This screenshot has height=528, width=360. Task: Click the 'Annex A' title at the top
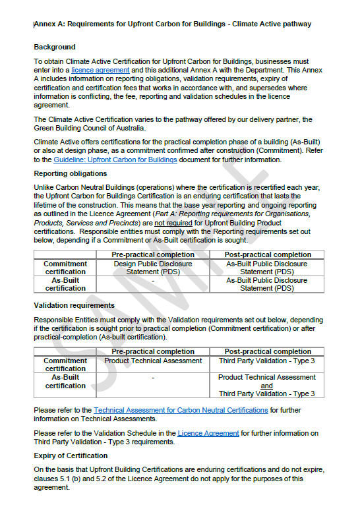point(172,24)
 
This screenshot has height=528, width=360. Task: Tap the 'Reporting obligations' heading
point(71,174)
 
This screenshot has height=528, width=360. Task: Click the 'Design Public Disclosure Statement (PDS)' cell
point(153,268)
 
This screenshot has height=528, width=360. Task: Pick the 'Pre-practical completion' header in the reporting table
point(153,254)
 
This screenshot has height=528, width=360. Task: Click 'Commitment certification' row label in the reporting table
point(65,268)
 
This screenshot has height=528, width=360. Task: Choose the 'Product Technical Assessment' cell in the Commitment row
point(153,361)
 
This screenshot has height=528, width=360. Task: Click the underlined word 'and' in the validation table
point(266,386)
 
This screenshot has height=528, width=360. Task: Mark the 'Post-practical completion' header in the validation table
point(267,351)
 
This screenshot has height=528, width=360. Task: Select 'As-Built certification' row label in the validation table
point(65,382)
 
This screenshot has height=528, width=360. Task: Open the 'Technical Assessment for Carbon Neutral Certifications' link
point(181,410)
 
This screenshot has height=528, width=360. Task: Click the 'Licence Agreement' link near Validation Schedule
point(208,433)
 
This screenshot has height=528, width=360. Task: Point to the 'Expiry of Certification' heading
point(71,455)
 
